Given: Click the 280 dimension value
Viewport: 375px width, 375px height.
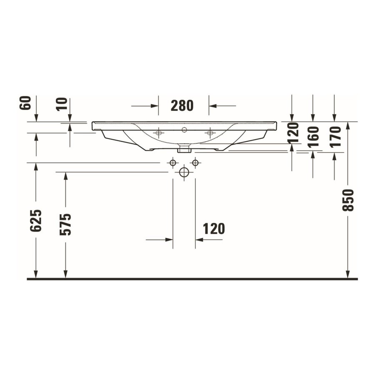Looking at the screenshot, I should (182, 106).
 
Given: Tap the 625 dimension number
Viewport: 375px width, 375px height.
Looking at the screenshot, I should (36, 220).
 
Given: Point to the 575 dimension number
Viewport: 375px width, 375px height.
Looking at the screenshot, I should (65, 224).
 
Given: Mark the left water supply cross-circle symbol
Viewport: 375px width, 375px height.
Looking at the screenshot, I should (172, 162).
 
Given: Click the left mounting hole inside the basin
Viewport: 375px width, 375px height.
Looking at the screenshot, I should (158, 133).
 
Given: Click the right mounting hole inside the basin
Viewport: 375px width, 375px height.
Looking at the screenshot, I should (210, 133).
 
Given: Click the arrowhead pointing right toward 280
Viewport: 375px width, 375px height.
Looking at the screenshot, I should (155, 106).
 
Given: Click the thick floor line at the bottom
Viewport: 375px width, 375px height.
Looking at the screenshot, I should (192, 279).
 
